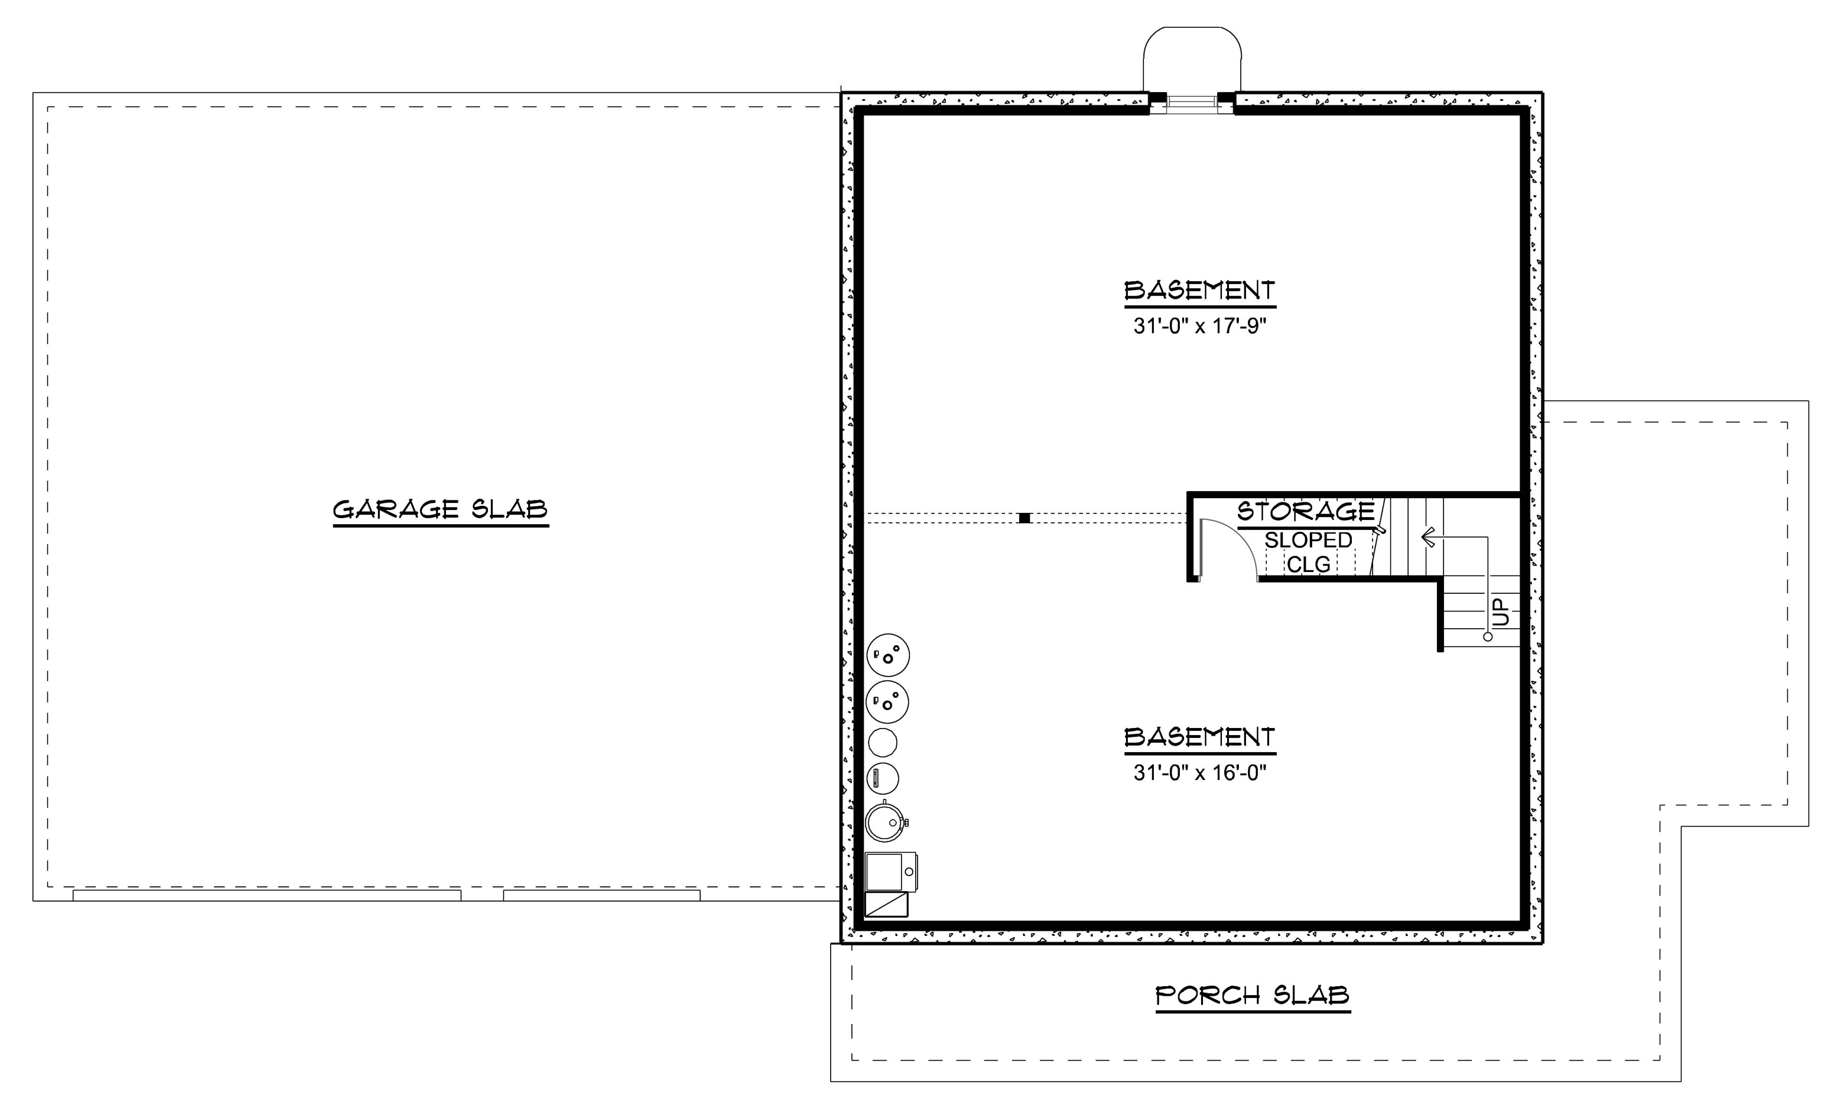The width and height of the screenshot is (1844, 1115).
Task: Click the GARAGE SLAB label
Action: [440, 509]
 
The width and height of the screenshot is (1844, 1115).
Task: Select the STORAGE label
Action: [1306, 512]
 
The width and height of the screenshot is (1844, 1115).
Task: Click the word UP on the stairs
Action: [1502, 612]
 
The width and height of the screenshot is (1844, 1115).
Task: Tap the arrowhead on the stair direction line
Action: [1428, 537]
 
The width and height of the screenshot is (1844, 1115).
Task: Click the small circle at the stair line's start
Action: [1488, 637]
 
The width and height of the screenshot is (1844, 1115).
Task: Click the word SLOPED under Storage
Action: [1308, 540]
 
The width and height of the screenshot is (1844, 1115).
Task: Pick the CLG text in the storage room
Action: [1308, 564]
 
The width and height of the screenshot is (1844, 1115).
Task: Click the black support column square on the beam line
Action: [1025, 518]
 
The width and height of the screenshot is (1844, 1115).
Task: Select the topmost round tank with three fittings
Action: [889, 655]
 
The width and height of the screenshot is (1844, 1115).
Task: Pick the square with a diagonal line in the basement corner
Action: [887, 905]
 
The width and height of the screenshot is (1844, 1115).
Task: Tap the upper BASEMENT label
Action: [1199, 290]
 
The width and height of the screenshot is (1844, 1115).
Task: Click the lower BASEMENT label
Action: [1199, 738]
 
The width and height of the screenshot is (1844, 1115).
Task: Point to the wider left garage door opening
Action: [266, 895]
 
